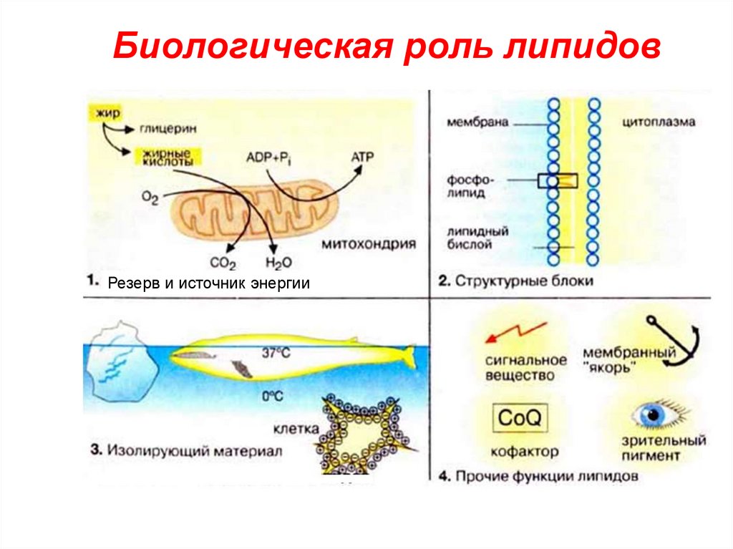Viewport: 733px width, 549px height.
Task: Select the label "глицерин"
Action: click(164, 130)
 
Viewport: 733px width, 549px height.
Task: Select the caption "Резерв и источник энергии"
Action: click(208, 283)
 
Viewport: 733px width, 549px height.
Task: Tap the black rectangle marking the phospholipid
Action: click(557, 180)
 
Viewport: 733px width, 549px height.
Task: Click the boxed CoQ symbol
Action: click(520, 417)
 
